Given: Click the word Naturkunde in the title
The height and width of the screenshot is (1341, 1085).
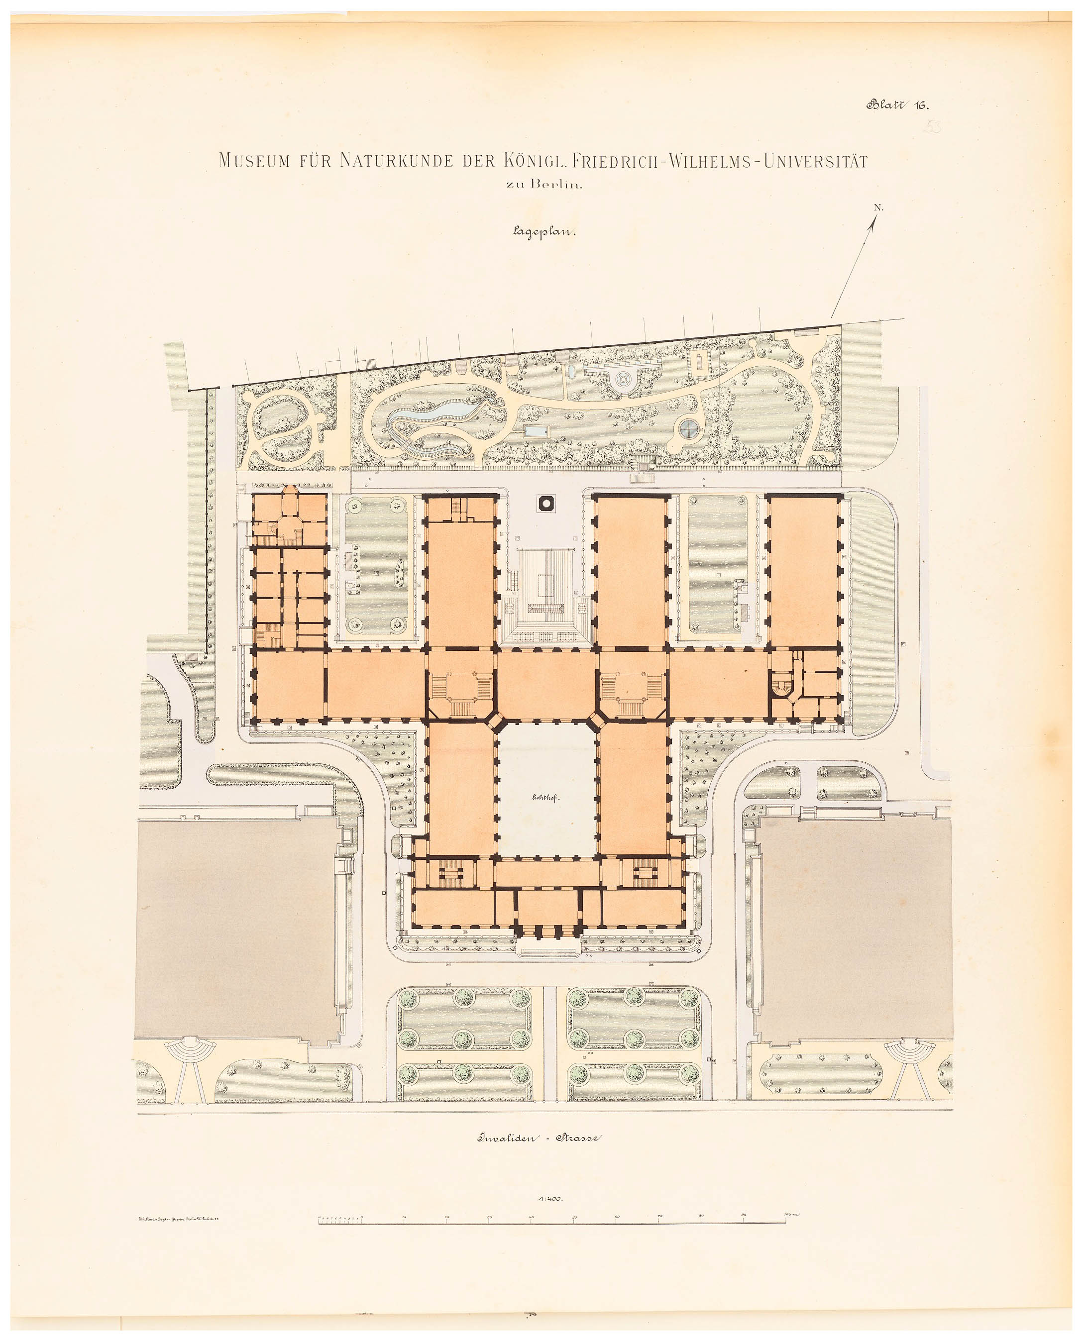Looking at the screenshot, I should pos(396,161).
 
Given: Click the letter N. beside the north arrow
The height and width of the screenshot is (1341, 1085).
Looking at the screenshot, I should pos(878,207).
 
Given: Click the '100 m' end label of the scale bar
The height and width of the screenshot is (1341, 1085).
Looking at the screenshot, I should pos(791,1214).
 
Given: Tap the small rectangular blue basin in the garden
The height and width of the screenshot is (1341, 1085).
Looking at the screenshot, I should pos(536,431).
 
